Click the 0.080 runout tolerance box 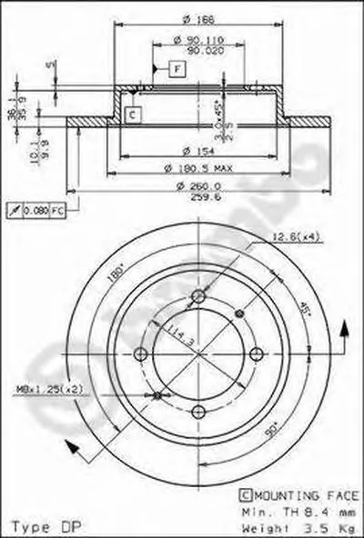(35, 210)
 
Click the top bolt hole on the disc (199, 295)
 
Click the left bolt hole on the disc (140, 354)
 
